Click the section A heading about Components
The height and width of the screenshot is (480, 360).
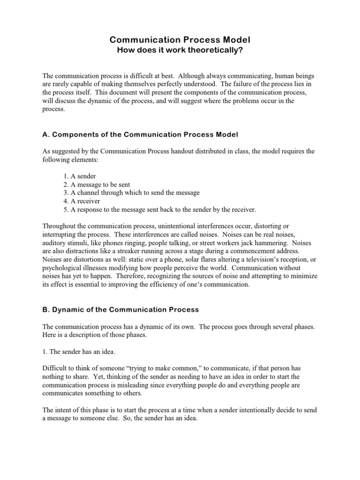tap(140, 135)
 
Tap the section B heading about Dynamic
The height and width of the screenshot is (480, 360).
tap(121, 309)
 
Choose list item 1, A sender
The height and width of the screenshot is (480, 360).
tap(80, 176)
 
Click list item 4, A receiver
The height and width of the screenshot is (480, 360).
tap(82, 201)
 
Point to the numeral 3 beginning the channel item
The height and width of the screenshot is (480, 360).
tap(65, 193)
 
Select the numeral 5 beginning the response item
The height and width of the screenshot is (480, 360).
tap(65, 210)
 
